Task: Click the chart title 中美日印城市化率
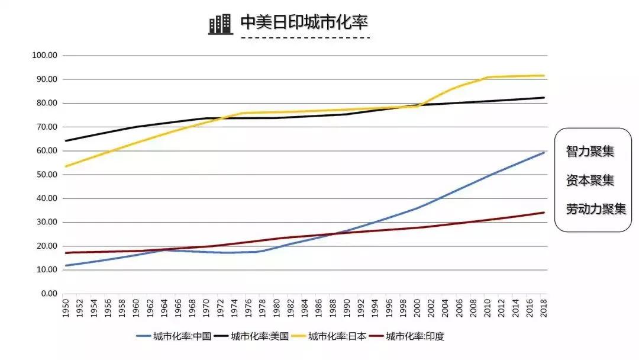coord(305,22)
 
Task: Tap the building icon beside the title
coord(220,24)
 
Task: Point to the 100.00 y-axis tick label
coord(44,56)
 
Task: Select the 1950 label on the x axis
coord(66,308)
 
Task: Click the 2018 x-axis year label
coord(544,308)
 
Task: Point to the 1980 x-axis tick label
coord(276,308)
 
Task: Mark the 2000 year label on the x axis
coord(417,308)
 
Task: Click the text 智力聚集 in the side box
coord(590,152)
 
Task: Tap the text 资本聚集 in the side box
coord(590,180)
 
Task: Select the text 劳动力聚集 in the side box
coord(596,209)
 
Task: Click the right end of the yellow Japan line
coord(544,76)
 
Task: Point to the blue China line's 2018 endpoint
coord(544,153)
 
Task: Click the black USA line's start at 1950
coord(66,141)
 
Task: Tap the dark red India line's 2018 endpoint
coord(544,213)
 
